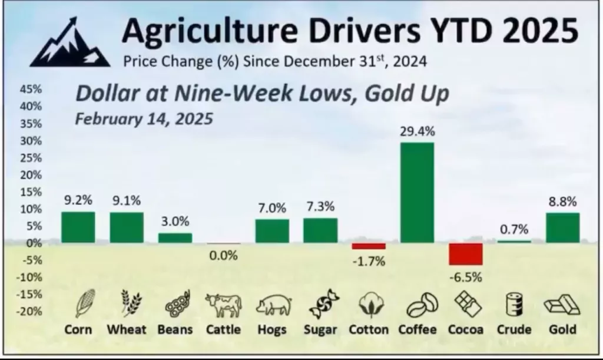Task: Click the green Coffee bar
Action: point(417,193)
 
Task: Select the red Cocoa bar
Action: point(465,254)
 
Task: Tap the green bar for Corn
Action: point(78,227)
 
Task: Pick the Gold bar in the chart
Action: point(562,228)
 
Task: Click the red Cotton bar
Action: point(369,246)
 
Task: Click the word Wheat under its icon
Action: point(126,329)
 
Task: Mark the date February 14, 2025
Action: point(144,118)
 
